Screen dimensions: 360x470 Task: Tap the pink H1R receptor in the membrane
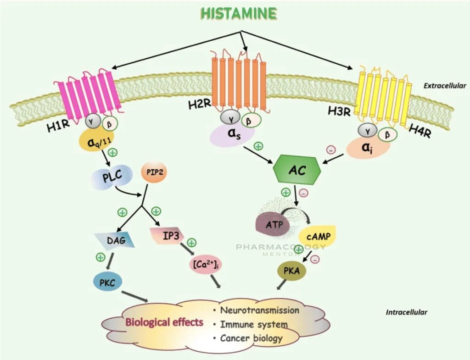click(90, 92)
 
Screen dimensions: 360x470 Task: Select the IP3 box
click(167, 236)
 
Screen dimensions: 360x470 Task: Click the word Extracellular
click(445, 86)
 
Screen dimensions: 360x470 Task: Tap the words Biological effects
click(164, 321)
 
